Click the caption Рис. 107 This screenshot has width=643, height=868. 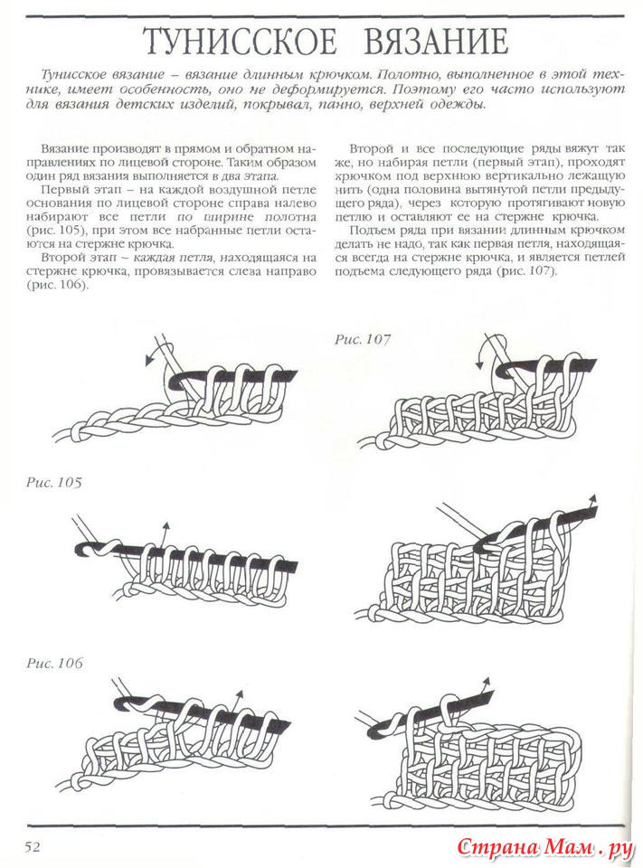(x=363, y=339)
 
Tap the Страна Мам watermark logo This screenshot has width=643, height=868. (x=542, y=848)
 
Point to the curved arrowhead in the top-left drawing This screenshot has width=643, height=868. (x=149, y=361)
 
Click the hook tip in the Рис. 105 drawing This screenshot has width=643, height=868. (x=78, y=547)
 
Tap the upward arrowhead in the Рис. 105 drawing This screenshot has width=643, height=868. (x=165, y=526)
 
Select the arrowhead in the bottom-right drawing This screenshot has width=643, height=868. (x=487, y=680)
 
